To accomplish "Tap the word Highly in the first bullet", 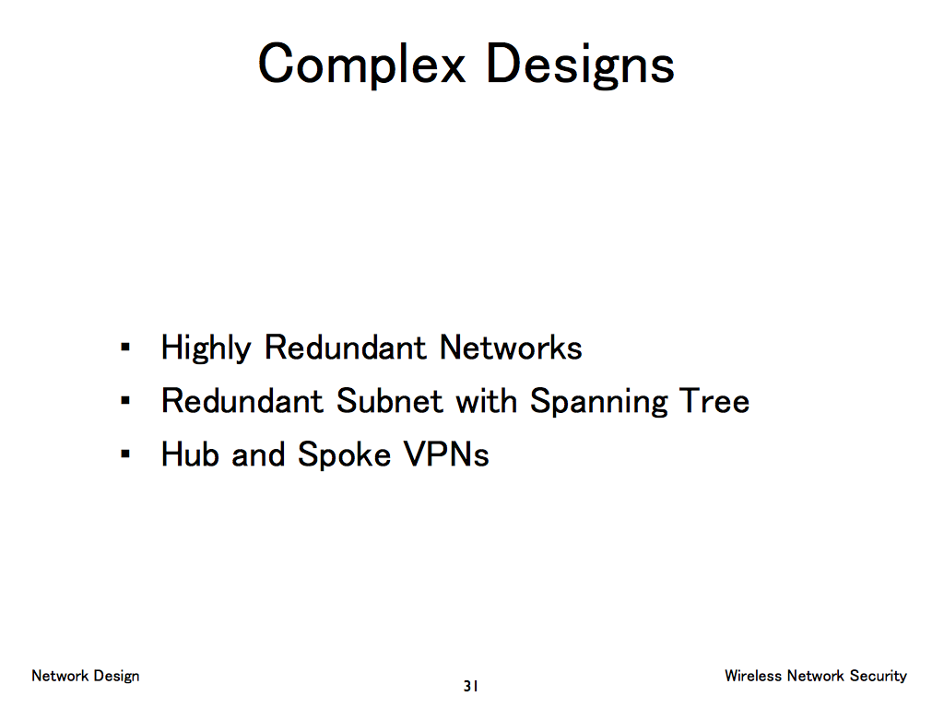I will (x=206, y=348).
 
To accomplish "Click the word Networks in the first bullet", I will (x=511, y=348).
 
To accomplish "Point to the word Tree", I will (x=714, y=401).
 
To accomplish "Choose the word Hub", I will (x=190, y=454).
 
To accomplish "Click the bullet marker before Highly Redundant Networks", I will (x=124, y=348).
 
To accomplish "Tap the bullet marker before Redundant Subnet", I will (x=124, y=402).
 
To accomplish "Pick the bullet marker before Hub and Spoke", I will (x=124, y=455).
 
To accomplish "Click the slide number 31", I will (x=470, y=686).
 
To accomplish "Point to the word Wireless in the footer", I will (x=753, y=676).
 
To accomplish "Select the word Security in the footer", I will (x=879, y=677).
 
